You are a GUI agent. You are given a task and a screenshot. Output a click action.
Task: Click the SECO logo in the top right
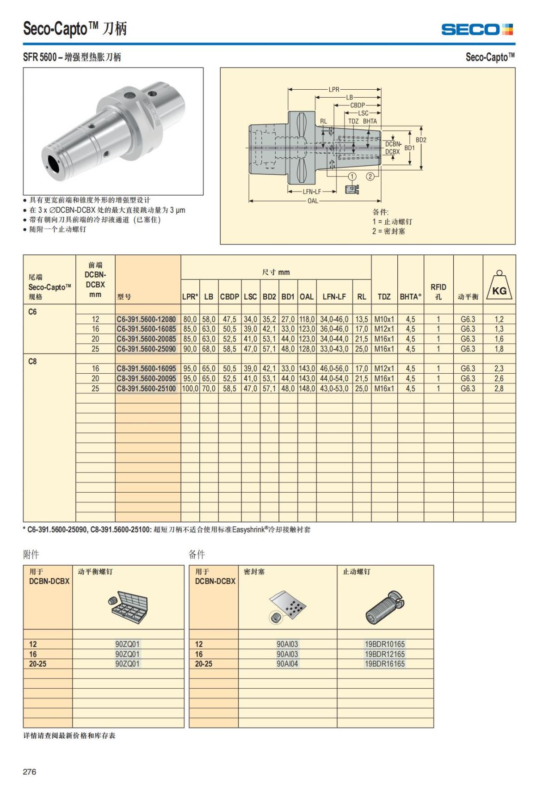pos(477,30)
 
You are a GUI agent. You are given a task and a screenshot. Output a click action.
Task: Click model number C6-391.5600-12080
pos(146,319)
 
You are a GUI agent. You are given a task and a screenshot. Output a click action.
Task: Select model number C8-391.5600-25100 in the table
pos(146,389)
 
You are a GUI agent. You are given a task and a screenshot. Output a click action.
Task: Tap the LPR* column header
pos(190,297)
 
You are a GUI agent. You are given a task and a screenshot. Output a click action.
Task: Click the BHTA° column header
pos(410,297)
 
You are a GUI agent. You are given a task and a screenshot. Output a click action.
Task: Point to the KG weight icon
pos(499,287)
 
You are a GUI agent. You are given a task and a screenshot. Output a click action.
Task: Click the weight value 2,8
pos(499,389)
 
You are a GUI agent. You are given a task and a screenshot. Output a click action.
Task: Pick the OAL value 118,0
pos(307,319)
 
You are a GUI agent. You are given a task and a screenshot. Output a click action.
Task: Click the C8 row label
pos(32,361)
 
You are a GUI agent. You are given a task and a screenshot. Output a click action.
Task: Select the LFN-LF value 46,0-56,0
pos(334,369)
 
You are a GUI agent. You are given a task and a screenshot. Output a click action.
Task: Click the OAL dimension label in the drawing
pos(313,201)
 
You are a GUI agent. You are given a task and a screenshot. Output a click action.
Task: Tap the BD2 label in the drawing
pos(421,140)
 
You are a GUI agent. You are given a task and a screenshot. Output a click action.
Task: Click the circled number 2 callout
pos(370,176)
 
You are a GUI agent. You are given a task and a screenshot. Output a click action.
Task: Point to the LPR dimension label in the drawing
pos(334,89)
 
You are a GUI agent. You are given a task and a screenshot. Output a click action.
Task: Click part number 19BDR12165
pos(384,654)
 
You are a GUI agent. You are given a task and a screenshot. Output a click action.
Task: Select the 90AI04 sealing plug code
pos(287,664)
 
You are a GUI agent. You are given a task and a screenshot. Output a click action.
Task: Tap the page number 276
pos(30,772)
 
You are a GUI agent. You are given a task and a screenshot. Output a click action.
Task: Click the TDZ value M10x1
pos(384,319)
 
